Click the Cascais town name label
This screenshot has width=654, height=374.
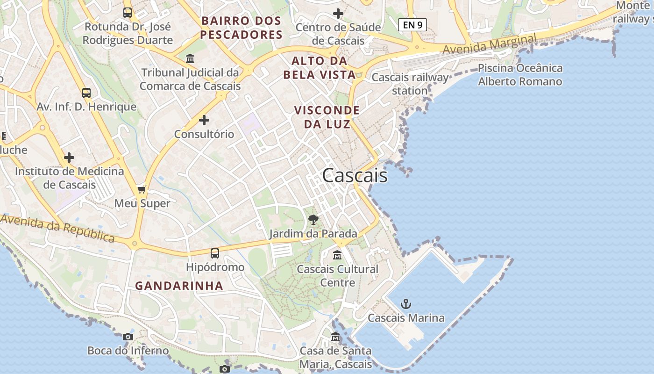tap(355, 175)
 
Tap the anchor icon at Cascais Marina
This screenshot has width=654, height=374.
tap(406, 304)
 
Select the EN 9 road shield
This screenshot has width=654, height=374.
tap(412, 25)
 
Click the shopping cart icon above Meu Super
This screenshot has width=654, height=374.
tap(142, 189)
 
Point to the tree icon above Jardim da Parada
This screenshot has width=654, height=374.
tap(313, 219)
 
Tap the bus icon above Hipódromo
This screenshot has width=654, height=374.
tap(215, 253)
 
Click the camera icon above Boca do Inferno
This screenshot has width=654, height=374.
tap(128, 337)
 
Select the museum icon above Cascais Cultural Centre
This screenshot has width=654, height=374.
tap(337, 255)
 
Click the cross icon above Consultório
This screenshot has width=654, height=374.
tap(204, 120)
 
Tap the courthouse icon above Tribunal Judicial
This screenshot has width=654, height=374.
tap(190, 59)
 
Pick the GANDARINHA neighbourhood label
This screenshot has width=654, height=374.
tap(179, 286)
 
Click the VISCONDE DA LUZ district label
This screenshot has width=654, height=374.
tap(327, 117)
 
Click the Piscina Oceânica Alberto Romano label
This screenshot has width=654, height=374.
tap(520, 75)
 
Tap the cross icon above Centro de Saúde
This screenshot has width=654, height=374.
tap(338, 14)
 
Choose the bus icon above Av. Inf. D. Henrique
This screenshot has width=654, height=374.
tap(86, 93)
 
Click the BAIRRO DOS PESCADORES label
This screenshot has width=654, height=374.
tap(242, 28)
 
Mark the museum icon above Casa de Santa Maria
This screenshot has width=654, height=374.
tap(335, 337)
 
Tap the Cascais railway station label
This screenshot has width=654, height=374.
tap(410, 84)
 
